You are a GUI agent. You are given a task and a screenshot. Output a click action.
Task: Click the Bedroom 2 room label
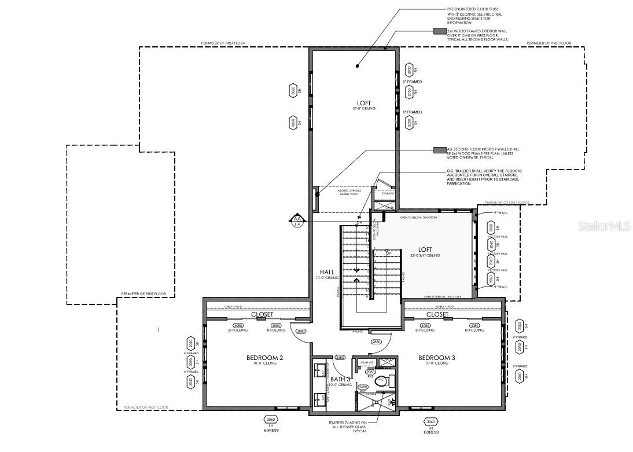[264, 358]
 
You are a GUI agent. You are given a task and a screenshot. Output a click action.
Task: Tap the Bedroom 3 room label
[437, 358]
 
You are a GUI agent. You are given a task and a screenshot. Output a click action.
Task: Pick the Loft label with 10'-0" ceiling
[364, 103]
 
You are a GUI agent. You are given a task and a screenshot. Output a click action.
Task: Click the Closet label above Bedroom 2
[262, 314]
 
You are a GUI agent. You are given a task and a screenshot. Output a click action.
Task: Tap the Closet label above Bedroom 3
[437, 314]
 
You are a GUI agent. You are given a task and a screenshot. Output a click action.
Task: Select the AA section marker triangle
[297, 221]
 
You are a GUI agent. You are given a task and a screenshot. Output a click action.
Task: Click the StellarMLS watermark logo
[604, 225]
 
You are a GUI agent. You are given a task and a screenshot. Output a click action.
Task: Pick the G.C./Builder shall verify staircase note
[484, 177]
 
